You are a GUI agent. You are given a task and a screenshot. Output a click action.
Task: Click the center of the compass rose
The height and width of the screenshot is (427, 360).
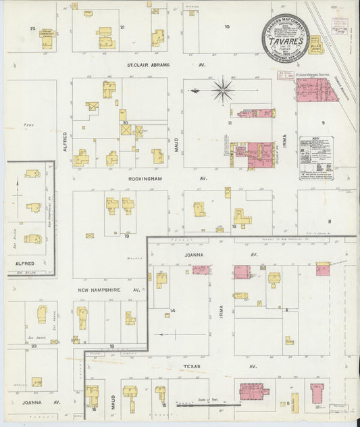[x=222, y=89]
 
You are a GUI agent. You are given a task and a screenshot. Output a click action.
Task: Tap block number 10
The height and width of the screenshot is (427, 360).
[x=227, y=27]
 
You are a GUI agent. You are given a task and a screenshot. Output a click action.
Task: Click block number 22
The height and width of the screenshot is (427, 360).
[x=32, y=28]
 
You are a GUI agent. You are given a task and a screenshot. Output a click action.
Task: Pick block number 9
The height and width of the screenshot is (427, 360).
[x=324, y=122]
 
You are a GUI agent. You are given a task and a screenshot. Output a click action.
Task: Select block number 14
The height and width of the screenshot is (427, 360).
[x=172, y=310]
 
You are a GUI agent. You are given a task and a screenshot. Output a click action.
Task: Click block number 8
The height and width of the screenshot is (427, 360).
[x=330, y=221]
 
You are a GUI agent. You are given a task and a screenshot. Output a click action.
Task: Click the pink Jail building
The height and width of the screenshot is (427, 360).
[x=316, y=391]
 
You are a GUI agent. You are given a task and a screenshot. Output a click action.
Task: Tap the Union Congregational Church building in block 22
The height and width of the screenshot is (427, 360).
[x=47, y=39]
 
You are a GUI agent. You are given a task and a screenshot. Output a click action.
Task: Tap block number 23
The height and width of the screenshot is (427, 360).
[x=33, y=345]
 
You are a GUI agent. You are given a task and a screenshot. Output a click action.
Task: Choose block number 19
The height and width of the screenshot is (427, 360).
[x=126, y=236]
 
